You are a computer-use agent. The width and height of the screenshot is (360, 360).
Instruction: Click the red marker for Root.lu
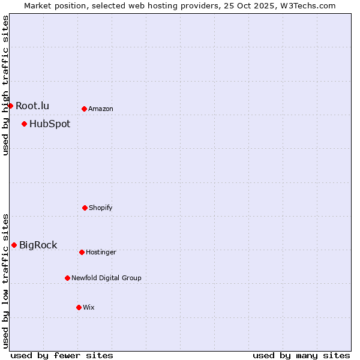click(10, 106)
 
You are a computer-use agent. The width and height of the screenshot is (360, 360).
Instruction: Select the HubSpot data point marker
click(24, 124)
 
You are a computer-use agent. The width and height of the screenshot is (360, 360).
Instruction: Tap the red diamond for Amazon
click(84, 109)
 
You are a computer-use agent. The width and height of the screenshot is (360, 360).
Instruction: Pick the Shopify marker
click(85, 208)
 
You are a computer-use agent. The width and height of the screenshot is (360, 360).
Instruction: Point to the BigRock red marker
click(14, 245)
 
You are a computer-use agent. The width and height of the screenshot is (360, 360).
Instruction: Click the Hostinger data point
click(82, 252)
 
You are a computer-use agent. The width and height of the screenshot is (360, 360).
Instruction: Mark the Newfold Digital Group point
click(67, 278)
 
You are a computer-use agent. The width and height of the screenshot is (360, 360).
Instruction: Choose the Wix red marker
click(79, 307)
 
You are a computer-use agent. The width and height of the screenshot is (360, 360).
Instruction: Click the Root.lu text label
click(32, 106)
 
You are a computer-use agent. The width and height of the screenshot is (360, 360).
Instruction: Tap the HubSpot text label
click(50, 124)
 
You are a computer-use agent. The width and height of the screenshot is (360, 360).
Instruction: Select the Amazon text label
click(101, 109)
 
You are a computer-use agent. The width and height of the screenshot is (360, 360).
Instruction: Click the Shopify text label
click(101, 208)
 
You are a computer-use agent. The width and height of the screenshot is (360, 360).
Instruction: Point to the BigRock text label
click(38, 245)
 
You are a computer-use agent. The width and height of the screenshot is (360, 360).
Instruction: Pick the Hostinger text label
click(101, 253)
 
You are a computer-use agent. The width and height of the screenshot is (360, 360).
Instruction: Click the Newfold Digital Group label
click(106, 278)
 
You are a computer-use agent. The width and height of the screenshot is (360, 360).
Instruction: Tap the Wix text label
click(89, 308)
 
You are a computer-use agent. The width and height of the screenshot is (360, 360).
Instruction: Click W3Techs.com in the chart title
click(307, 5)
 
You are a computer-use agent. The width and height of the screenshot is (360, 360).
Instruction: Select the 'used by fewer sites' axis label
click(62, 355)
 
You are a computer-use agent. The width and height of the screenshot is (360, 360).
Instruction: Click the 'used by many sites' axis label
click(301, 355)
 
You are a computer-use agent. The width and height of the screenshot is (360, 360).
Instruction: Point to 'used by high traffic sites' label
click(5, 85)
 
